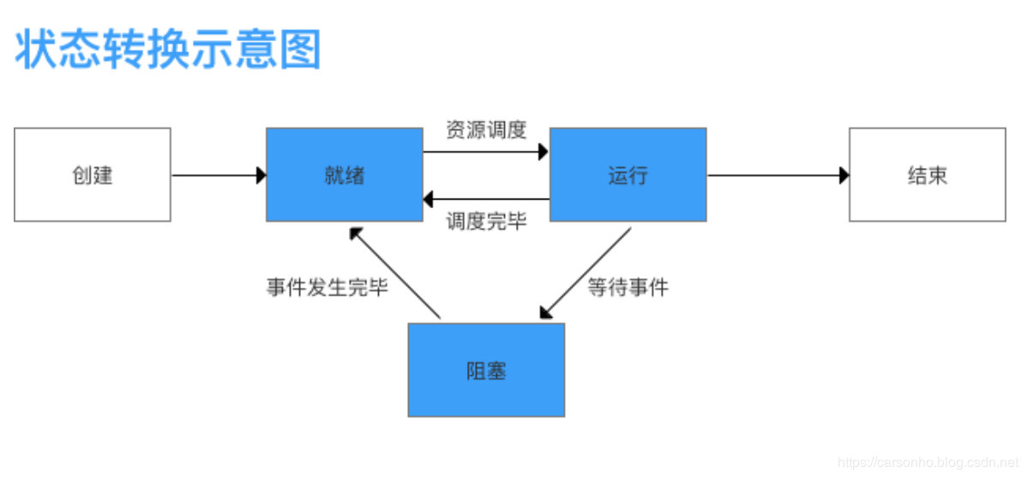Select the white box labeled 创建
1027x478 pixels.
[93, 175]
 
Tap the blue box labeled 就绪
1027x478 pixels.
[344, 175]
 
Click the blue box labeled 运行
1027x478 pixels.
[628, 175]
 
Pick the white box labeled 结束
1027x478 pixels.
[927, 175]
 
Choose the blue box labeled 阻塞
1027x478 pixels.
[486, 370]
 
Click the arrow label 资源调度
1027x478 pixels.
[486, 130]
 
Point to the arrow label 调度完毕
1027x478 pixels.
[486, 221]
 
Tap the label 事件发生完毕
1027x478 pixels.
[327, 287]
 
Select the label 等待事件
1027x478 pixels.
[628, 287]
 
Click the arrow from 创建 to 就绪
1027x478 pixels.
[219, 176]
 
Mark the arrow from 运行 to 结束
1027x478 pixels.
[776, 176]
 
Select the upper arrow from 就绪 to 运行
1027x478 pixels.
[484, 152]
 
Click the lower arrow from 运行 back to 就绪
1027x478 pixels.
[486, 199]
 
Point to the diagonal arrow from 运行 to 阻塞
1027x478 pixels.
[588, 272]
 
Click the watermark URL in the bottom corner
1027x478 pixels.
[926, 463]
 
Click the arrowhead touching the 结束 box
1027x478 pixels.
[844, 176]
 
